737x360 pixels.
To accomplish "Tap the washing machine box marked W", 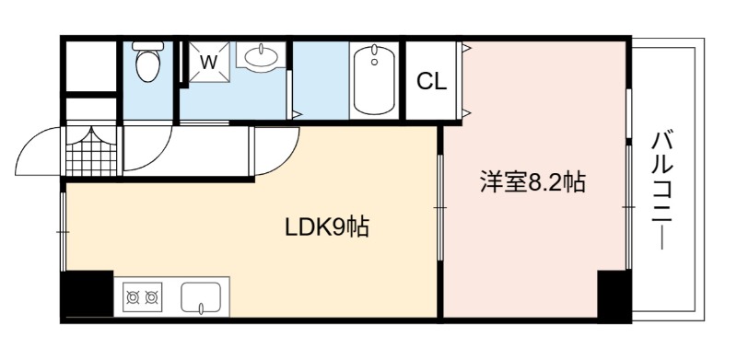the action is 210,62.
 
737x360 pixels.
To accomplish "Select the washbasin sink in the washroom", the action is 261,58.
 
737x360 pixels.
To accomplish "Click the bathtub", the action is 374,79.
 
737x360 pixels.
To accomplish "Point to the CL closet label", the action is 431,82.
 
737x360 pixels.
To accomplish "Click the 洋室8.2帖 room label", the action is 532,182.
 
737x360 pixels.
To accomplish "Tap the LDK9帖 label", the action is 327,227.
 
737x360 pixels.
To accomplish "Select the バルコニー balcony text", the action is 662,191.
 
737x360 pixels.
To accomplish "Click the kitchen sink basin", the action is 201,298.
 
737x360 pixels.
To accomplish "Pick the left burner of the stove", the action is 133,297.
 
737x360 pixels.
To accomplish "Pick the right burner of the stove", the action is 151,297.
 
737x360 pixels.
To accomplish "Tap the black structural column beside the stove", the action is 88,295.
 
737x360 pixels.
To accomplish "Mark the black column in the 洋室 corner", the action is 613,296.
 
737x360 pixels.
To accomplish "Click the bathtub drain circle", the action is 374,62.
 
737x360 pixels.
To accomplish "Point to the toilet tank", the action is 148,46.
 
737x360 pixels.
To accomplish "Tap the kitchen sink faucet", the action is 201,308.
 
